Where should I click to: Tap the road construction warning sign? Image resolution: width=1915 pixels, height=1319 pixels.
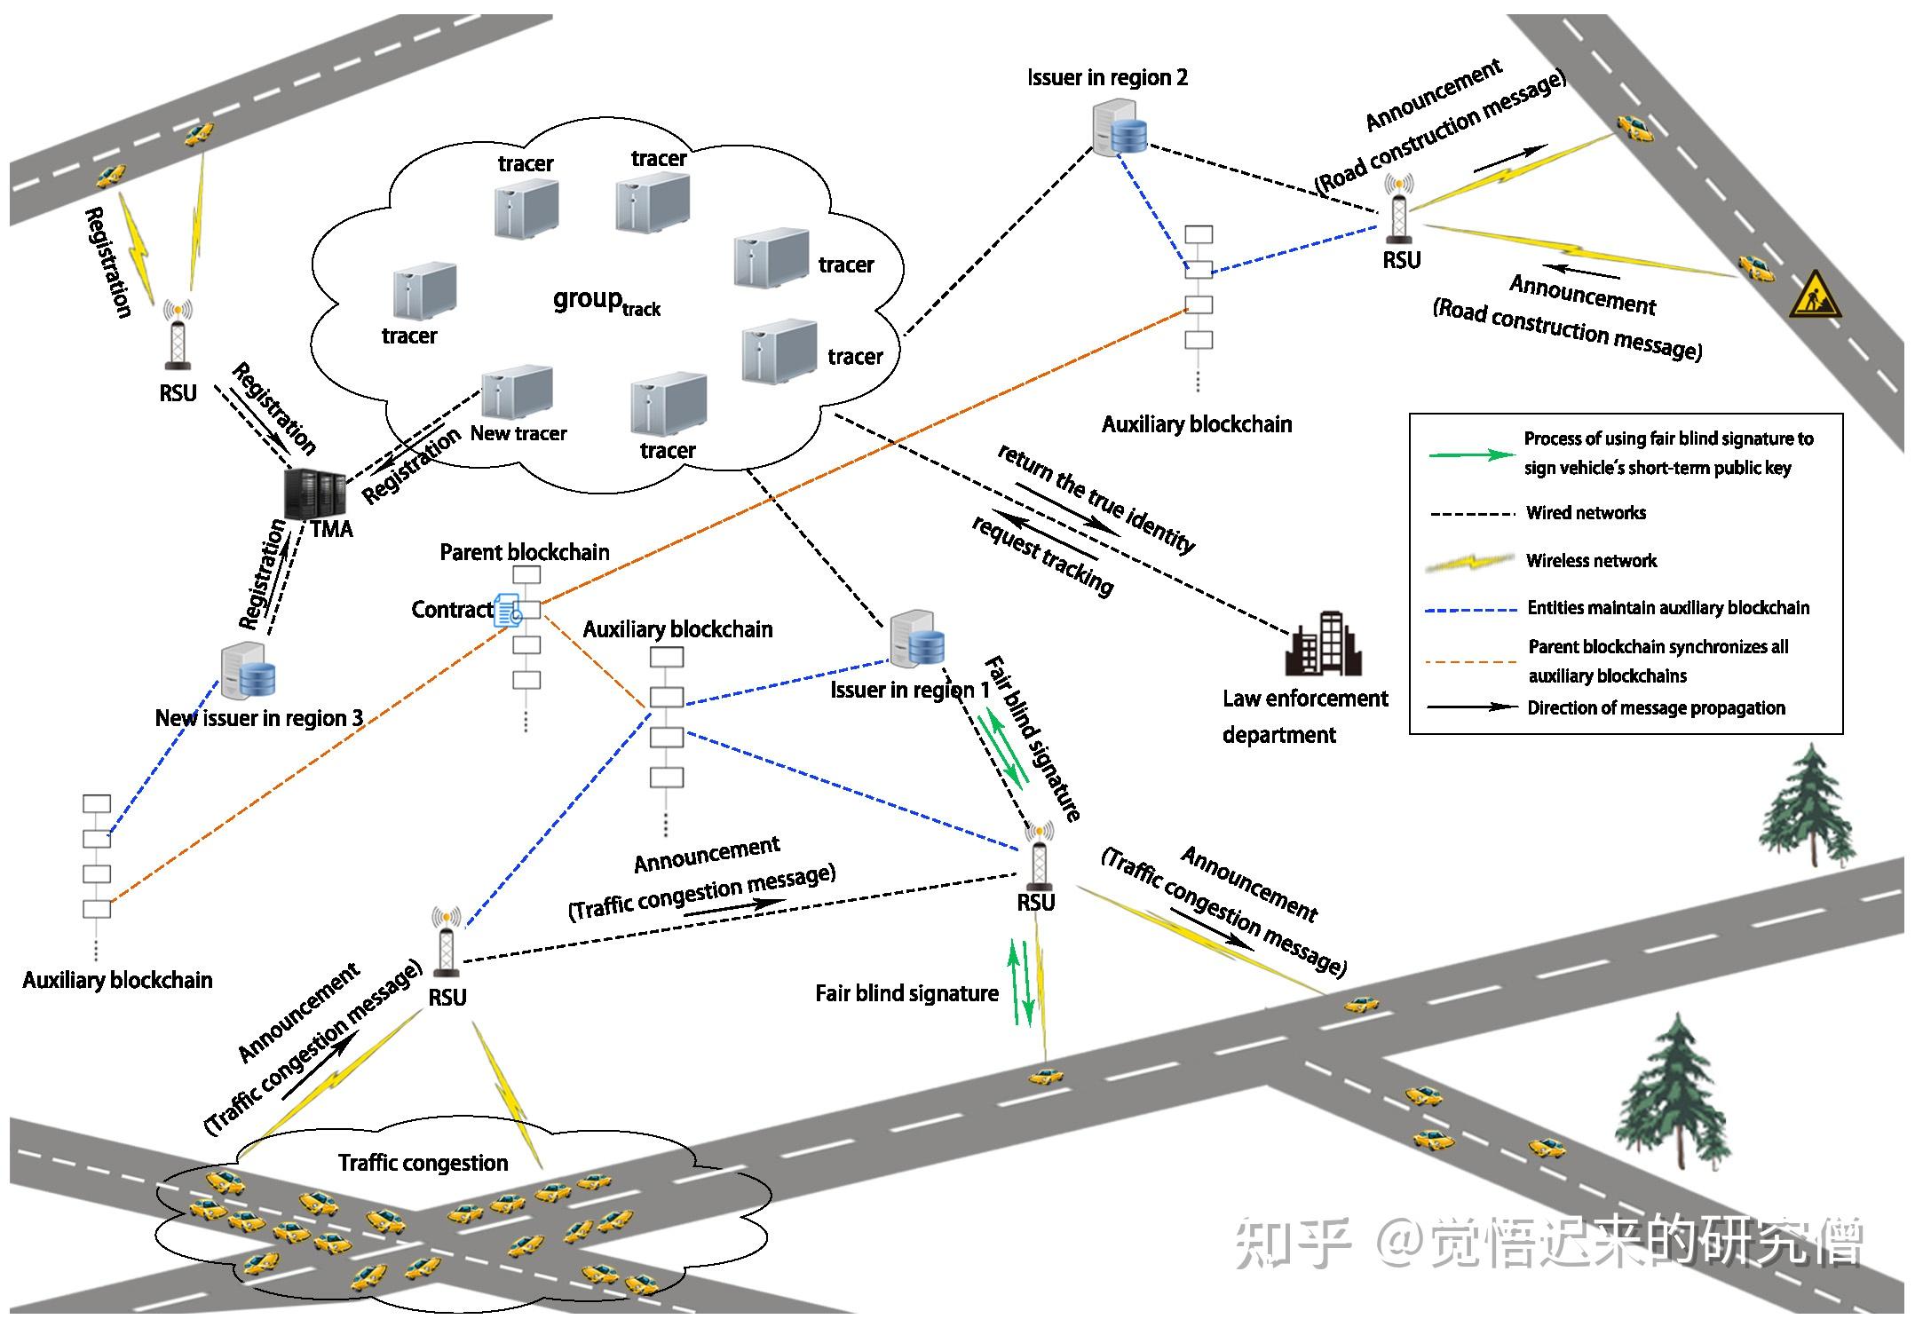[x=1814, y=296]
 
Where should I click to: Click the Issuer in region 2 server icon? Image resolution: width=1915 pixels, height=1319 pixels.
[x=1119, y=129]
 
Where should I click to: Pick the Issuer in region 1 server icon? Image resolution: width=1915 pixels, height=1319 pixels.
[x=917, y=638]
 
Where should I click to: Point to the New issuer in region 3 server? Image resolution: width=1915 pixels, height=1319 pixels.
[x=248, y=671]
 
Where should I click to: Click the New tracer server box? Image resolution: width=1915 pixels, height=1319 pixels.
[x=517, y=391]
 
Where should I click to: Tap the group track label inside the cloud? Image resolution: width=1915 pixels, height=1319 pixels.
[x=605, y=301]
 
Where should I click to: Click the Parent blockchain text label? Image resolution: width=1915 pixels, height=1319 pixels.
[x=524, y=552]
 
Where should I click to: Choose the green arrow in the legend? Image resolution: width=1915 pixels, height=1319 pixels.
[x=1471, y=454]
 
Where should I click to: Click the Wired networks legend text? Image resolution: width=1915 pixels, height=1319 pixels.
[x=1586, y=513]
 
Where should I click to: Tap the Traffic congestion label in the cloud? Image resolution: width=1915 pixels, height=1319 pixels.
[x=423, y=1163]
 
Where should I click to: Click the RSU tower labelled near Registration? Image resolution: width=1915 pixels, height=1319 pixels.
[x=178, y=336]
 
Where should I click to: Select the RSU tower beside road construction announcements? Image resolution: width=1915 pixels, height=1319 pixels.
[x=1399, y=209]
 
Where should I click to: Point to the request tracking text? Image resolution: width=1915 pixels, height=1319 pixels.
[x=1042, y=556]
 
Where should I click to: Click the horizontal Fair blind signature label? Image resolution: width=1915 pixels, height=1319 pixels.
[x=906, y=993]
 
